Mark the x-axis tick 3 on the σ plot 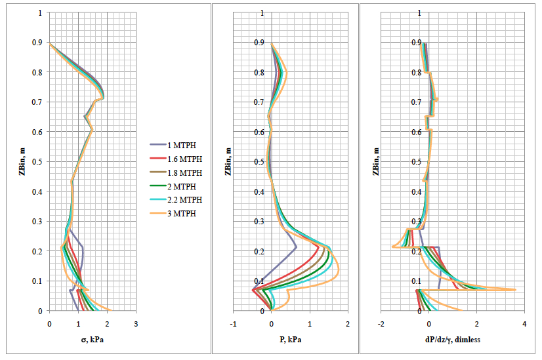tap(136, 323)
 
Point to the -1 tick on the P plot tap(233, 323)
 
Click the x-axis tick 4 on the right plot tap(524, 323)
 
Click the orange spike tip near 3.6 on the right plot tap(515, 290)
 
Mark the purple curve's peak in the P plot tap(297, 247)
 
